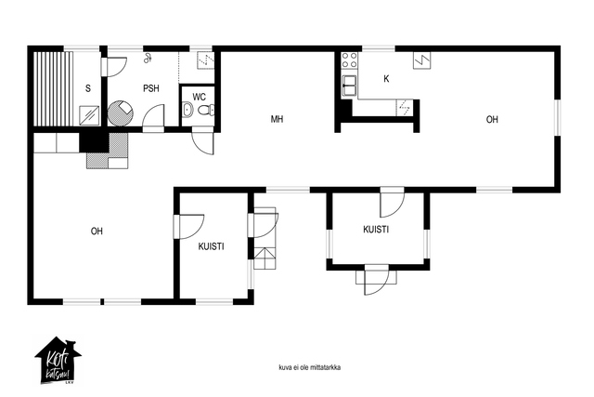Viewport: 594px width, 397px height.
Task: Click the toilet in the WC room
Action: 205,110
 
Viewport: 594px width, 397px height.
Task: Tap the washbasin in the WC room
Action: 187,110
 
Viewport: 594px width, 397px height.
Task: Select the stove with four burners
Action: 349,60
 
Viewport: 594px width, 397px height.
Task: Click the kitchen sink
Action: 349,86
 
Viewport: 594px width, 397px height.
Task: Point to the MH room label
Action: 277,119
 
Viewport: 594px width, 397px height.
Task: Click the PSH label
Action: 150,88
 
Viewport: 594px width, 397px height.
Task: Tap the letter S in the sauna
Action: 88,88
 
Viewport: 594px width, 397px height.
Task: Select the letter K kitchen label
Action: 386,79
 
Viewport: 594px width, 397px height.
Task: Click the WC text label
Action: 199,97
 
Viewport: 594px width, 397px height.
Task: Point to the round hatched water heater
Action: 121,113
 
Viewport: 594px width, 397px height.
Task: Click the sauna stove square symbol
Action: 89,115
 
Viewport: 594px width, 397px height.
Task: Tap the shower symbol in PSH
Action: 148,58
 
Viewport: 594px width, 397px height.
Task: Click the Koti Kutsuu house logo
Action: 58,361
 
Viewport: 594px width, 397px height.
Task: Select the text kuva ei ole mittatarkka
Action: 309,367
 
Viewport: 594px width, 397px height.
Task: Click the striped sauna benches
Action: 53,88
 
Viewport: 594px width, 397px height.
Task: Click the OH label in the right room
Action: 492,120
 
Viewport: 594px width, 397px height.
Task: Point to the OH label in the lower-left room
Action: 97,232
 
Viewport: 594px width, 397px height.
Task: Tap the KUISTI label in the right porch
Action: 376,230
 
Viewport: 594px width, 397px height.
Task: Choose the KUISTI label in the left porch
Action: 211,246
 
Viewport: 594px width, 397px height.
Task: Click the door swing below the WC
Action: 202,143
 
